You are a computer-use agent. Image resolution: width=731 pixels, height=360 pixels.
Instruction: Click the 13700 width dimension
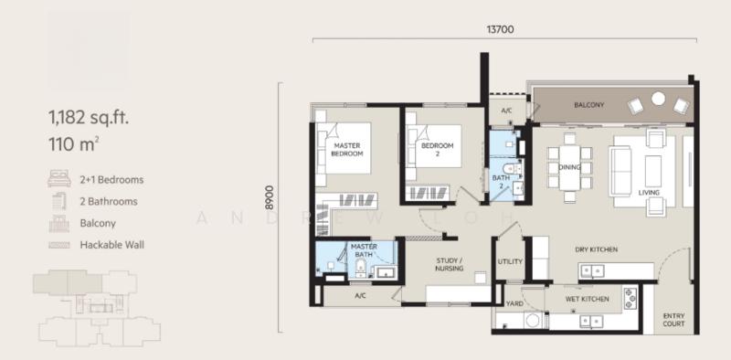(500, 29)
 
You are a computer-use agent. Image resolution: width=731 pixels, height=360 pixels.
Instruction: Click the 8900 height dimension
(270, 199)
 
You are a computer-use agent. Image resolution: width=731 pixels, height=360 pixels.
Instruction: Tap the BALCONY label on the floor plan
(588, 105)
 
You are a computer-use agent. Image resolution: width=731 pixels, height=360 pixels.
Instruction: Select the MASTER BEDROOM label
(347, 149)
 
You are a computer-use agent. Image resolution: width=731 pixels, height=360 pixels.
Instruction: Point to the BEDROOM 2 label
(438, 149)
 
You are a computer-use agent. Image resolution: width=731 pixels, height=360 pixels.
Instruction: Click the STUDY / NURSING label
(450, 264)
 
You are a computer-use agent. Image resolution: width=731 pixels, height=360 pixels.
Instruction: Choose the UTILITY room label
(510, 261)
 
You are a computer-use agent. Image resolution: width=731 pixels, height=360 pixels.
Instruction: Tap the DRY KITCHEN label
(597, 249)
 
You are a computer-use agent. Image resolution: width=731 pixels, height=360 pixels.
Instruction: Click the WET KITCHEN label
(587, 299)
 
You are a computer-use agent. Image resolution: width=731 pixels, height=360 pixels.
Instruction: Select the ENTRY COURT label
(673, 320)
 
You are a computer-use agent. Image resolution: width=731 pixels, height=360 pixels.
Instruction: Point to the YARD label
(514, 303)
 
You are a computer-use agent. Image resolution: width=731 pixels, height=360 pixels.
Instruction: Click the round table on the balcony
(658, 99)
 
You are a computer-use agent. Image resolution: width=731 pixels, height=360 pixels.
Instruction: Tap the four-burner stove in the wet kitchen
(630, 299)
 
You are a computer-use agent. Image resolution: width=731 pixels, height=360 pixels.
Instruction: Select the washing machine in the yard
(533, 321)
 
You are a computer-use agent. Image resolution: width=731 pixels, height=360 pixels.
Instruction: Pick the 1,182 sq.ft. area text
(89, 117)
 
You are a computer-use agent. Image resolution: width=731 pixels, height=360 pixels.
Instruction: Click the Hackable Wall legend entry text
(111, 244)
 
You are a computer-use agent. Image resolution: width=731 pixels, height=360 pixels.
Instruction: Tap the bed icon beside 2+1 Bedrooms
(59, 178)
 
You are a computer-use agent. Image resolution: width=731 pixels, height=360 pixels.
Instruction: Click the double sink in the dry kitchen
(591, 270)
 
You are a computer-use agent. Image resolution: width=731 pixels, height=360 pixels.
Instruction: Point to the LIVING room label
(649, 193)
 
